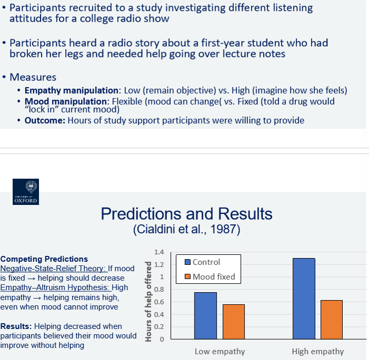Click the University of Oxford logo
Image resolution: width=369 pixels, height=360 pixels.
click(x=26, y=193)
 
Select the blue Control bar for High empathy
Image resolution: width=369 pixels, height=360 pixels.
click(x=304, y=299)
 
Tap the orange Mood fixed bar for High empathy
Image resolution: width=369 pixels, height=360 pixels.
click(x=332, y=320)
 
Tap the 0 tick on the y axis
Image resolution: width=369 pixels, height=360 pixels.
click(x=162, y=339)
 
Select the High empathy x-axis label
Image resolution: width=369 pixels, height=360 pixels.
click(x=317, y=351)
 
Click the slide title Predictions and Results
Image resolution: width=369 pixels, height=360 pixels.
click(x=186, y=214)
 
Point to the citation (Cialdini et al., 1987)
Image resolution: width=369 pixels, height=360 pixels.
click(x=187, y=230)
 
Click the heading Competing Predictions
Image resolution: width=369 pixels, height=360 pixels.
click(x=44, y=259)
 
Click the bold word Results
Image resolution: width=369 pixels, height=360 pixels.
click(x=16, y=326)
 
